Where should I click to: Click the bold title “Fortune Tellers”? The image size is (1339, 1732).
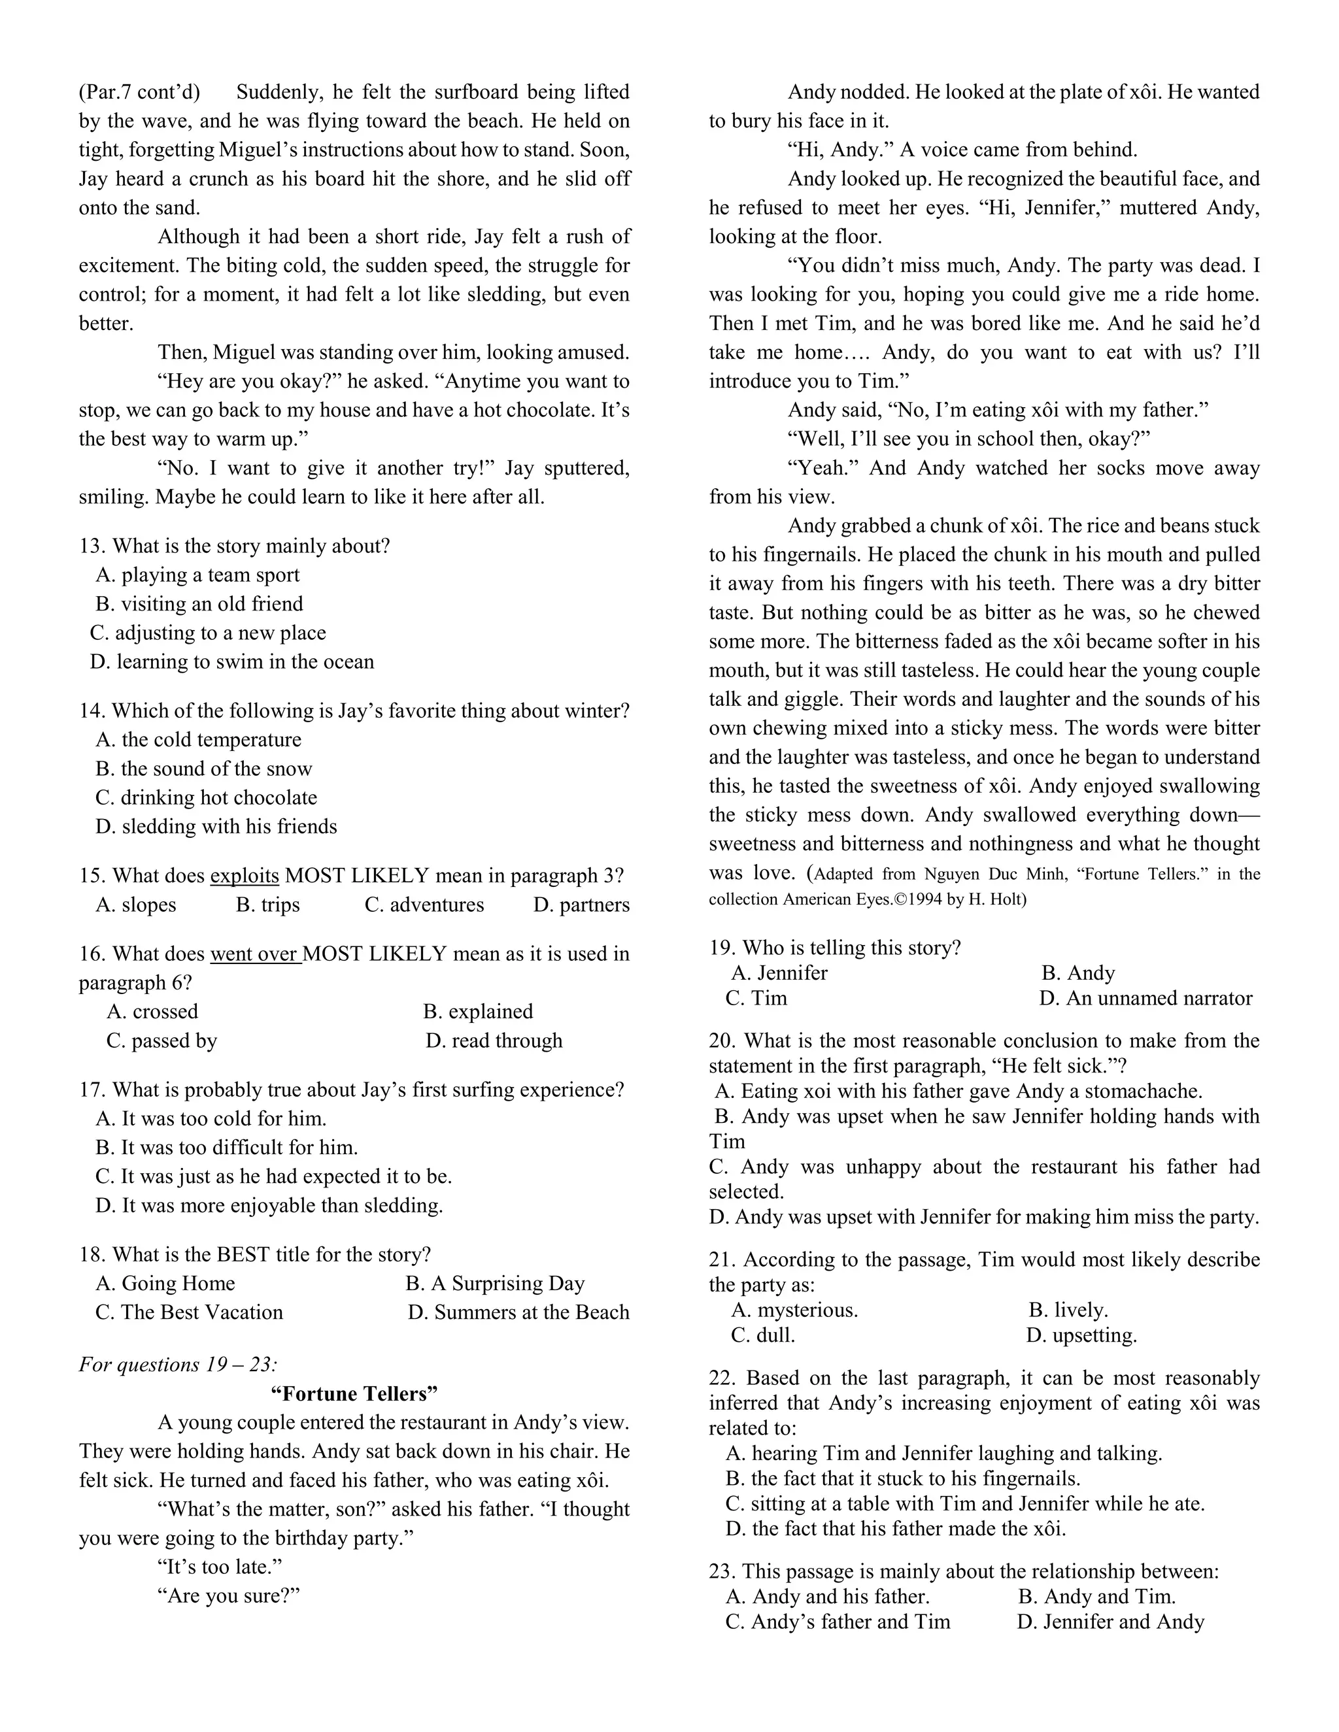tap(354, 1393)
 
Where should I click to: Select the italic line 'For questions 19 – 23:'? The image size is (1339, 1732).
tap(178, 1364)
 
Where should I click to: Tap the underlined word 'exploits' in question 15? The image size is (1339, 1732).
tap(245, 876)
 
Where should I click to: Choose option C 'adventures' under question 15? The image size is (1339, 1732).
tap(424, 905)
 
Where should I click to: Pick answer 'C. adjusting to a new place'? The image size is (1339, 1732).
tap(208, 633)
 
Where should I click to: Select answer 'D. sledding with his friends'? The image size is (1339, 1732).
tap(216, 826)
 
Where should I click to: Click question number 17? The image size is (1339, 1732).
tap(92, 1090)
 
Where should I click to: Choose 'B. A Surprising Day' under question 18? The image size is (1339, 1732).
tap(495, 1283)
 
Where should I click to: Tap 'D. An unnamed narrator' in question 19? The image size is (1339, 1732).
tap(1145, 999)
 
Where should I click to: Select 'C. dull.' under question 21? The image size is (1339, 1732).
tap(762, 1335)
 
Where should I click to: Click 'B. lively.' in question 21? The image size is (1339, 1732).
tap(1068, 1309)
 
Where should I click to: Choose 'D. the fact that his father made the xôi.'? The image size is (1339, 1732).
tap(896, 1528)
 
